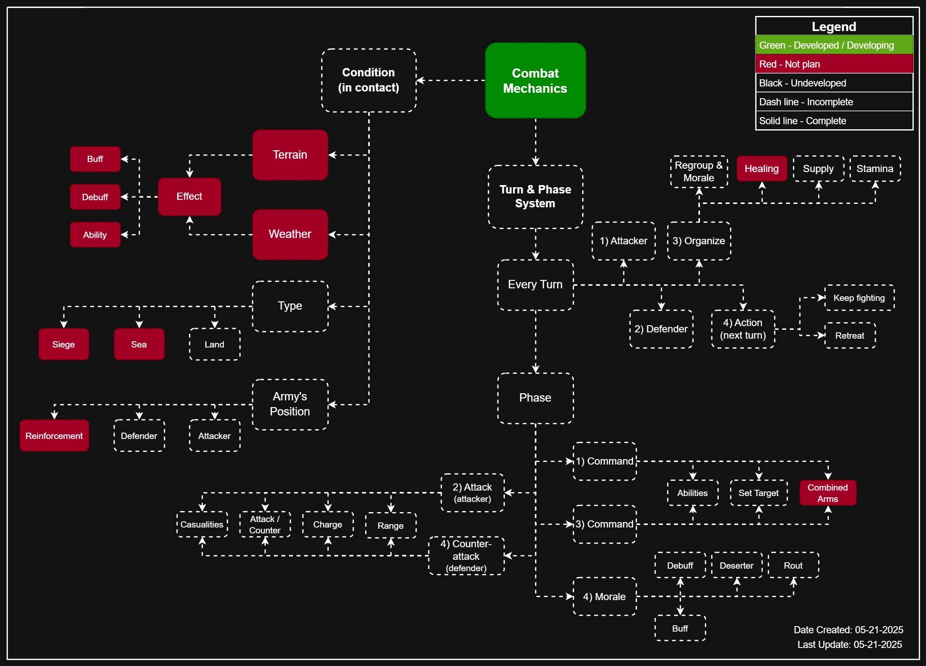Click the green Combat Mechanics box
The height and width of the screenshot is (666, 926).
coord(535,81)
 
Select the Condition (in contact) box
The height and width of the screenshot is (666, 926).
coord(369,80)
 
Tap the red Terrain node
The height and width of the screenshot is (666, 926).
coord(290,155)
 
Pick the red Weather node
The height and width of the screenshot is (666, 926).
coord(290,234)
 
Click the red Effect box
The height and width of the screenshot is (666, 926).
coord(189,196)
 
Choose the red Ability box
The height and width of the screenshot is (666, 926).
coord(95,235)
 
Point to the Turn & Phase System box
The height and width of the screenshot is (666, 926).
coord(535,196)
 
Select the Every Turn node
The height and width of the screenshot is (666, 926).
coord(535,285)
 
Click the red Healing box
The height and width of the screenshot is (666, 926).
coord(762,169)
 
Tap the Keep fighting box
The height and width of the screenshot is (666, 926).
coord(859,298)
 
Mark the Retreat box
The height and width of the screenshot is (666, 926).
coord(850,336)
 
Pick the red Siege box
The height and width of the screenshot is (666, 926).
coord(63,344)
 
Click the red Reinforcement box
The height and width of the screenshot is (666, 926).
coord(54,436)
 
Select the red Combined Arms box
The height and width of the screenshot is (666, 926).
coord(827,493)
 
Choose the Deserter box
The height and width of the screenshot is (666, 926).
coord(736,565)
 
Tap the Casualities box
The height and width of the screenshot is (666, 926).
coord(202,525)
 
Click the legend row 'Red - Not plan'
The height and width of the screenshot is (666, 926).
coord(834,64)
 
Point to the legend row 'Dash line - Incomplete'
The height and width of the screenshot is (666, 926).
coord(834,102)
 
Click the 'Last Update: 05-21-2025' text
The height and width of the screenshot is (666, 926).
coord(849,645)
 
